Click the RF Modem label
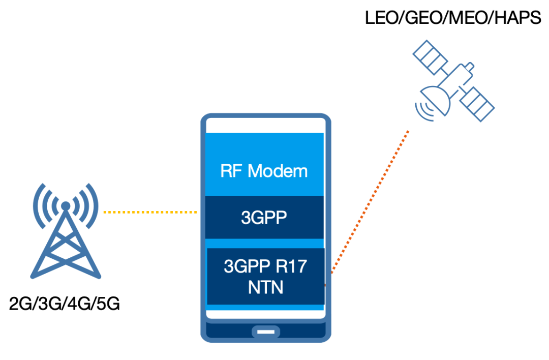[x=264, y=170]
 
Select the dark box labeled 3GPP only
[x=264, y=217]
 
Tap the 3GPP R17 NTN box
[x=265, y=276]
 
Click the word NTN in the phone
[x=265, y=287]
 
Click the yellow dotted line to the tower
[x=150, y=212]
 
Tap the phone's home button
[x=265, y=332]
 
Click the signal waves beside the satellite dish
[x=422, y=111]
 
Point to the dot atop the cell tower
[x=65, y=206]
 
